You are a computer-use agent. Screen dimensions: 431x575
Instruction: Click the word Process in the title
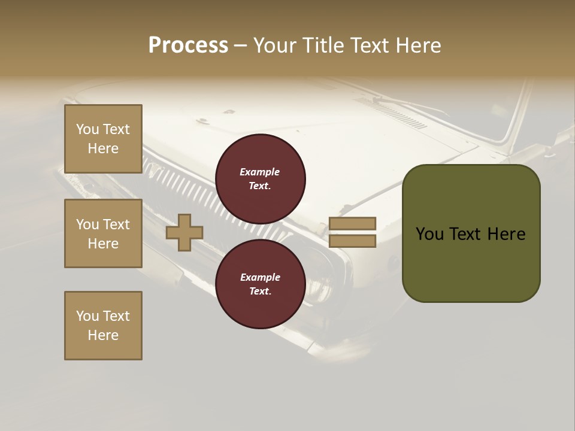click(188, 45)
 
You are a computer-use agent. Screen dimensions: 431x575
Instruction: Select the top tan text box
click(103, 139)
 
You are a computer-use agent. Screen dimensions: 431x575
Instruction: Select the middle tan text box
click(103, 233)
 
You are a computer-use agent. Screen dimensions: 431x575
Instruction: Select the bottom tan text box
click(103, 326)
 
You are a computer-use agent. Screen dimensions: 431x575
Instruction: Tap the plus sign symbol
click(184, 232)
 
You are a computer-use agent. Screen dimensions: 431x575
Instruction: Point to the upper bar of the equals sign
click(352, 223)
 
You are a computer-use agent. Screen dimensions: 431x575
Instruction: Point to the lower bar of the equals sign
click(352, 241)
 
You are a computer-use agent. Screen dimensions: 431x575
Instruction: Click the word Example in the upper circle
click(260, 172)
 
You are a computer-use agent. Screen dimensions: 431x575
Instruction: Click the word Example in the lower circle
click(260, 277)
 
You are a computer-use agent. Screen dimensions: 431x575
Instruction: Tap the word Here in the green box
click(506, 234)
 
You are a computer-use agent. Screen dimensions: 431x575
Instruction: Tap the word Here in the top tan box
click(103, 148)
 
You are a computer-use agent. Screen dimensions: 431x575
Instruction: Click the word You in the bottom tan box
click(87, 316)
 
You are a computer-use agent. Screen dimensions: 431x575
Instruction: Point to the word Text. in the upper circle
click(260, 186)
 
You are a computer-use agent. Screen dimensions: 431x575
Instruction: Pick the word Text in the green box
click(464, 234)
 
